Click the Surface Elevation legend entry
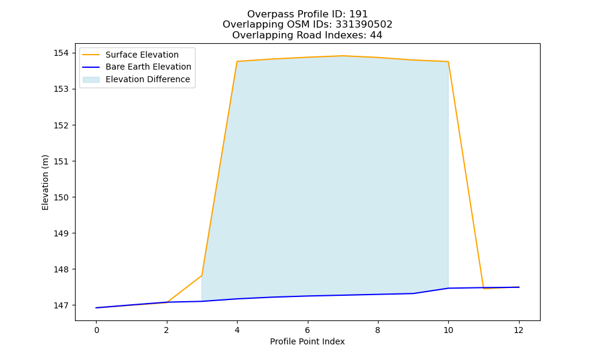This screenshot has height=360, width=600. [131, 55]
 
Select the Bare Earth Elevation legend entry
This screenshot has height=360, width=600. [137, 67]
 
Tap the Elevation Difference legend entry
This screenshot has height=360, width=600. [137, 79]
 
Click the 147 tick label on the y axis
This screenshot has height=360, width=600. [61, 305]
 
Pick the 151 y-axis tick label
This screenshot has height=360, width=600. [61, 161]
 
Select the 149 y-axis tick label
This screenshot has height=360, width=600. [61, 233]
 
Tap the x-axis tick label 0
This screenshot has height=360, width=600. [97, 330]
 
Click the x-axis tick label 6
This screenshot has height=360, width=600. [308, 330]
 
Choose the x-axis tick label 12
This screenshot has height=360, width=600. [518, 330]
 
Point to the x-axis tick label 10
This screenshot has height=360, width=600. [448, 330]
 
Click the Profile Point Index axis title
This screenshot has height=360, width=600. [307, 341]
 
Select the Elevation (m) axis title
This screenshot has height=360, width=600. [45, 182]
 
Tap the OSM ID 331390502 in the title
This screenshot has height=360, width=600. [364, 25]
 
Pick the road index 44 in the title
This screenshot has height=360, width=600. [376, 35]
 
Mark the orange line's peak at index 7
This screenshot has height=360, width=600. [343, 56]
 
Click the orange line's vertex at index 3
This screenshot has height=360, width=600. [202, 275]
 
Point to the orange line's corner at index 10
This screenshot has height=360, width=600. [448, 62]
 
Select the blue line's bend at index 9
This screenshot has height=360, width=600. [413, 293]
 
